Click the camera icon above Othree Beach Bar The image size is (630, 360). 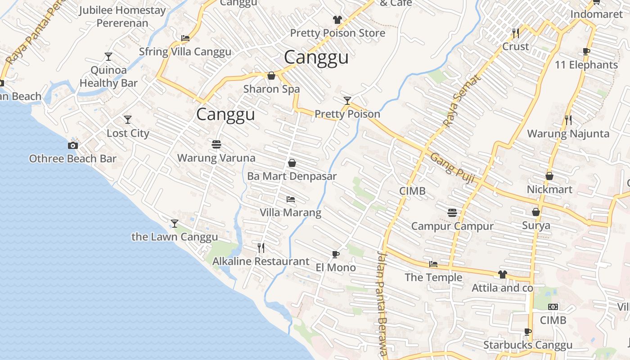(73, 145)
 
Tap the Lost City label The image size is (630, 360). (128, 133)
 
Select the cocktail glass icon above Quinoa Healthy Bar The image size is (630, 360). (108, 57)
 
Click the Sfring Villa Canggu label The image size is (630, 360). (185, 52)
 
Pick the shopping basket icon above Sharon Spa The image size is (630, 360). (271, 76)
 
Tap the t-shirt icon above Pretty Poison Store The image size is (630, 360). (337, 20)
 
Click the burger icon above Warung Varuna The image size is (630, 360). (216, 144)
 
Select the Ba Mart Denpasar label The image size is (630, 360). (292, 176)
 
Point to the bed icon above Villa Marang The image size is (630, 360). (291, 199)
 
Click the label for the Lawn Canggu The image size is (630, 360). (175, 237)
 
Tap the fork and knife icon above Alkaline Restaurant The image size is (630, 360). (261, 247)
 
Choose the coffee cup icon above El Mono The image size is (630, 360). (336, 254)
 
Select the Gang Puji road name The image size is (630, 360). (453, 168)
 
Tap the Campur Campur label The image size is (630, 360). (452, 226)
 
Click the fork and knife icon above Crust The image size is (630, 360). (516, 33)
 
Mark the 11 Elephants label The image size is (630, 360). (586, 65)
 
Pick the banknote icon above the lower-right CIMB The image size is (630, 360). (553, 307)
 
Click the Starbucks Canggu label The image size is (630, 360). (528, 345)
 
